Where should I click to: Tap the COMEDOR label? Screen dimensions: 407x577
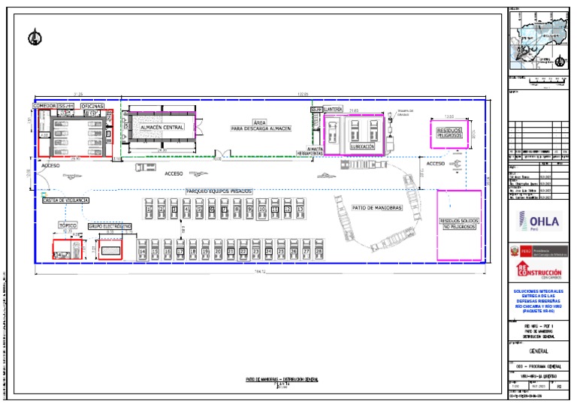tap(44, 107)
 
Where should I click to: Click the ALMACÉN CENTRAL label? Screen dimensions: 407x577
tap(162, 128)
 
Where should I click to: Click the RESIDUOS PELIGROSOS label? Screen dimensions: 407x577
tap(450, 132)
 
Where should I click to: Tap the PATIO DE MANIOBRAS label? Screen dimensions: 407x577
tap(377, 207)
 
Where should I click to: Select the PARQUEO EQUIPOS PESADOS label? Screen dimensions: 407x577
tap(219, 191)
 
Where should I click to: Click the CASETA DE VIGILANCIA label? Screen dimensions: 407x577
tap(66, 200)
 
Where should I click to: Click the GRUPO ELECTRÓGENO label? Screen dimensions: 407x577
tap(110, 225)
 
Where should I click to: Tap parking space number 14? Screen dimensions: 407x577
tap(143, 251)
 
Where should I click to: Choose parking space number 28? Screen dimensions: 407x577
tap(319, 251)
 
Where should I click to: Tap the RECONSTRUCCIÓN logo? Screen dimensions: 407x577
tap(537, 270)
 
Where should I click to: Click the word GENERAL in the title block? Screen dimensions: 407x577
tap(538, 351)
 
